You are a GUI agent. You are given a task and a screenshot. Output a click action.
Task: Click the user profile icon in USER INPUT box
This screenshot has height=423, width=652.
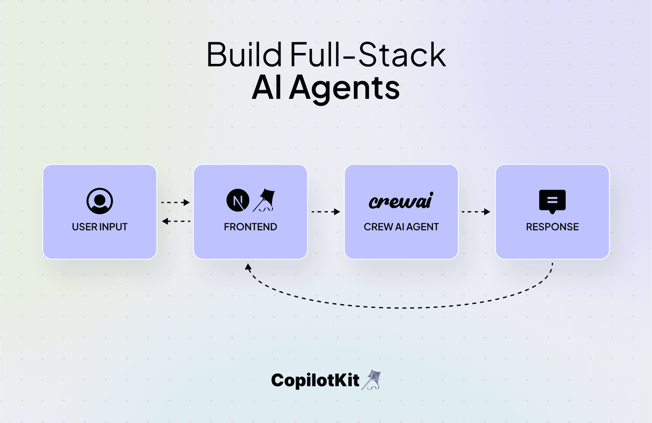coord(100,201)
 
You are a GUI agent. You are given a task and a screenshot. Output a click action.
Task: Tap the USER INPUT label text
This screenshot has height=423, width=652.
coord(100,227)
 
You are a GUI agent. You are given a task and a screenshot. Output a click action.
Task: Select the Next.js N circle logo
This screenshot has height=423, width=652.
coord(238,201)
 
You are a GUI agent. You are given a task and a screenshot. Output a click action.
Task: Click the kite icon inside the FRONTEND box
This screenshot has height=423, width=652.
coord(265,200)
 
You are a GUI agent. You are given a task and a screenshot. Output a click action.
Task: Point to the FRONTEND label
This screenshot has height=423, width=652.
coord(250,227)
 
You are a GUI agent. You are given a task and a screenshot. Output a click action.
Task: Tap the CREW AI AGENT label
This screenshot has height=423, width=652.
coord(401,227)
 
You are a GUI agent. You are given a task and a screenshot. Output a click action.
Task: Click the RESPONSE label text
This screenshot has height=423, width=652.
coord(552,227)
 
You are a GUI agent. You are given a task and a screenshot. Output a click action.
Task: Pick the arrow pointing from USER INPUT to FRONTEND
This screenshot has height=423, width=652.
coord(176,202)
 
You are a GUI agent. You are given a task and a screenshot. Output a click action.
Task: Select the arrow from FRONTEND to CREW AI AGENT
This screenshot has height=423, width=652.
coord(326,211)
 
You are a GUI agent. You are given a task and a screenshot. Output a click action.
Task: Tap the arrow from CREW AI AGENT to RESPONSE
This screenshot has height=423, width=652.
coord(476,211)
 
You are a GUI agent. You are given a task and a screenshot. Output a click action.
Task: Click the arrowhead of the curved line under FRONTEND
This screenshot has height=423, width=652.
coord(248,268)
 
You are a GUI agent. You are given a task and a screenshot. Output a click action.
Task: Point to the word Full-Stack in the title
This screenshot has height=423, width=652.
coord(368,55)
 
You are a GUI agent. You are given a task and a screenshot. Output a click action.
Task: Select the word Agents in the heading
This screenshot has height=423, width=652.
coord(345,88)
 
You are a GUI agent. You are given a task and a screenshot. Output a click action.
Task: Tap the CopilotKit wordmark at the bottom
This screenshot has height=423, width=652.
coord(315,380)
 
